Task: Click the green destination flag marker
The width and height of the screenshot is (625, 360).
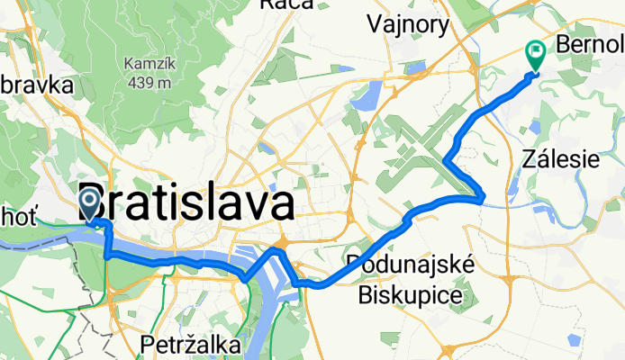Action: (x=535, y=56)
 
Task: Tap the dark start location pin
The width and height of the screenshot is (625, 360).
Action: (x=91, y=202)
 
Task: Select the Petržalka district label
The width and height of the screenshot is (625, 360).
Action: (x=191, y=345)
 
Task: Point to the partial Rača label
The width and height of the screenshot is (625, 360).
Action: (x=285, y=4)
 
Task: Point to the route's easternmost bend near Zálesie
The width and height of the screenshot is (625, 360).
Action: (x=485, y=193)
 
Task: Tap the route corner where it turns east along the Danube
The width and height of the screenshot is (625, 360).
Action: (x=108, y=256)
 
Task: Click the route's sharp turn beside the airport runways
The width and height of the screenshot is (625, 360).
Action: (x=447, y=160)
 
